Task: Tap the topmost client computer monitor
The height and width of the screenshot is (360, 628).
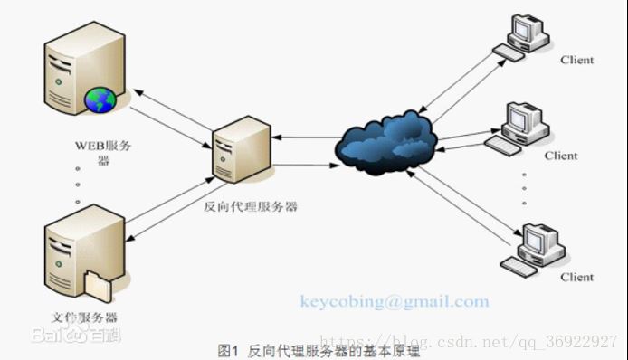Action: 525,29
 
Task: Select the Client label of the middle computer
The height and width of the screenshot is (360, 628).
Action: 560,156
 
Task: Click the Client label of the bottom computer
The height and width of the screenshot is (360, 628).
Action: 576,277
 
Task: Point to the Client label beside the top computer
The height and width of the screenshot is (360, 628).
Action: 576,60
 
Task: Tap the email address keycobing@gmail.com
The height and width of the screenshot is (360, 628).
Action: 395,302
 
